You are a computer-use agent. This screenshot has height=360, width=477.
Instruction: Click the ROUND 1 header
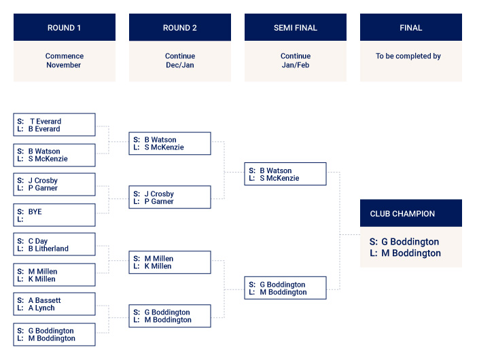click(x=65, y=27)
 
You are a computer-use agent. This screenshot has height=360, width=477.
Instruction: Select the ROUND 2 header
click(x=180, y=27)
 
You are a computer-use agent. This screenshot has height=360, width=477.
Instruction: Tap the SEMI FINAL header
click(x=296, y=27)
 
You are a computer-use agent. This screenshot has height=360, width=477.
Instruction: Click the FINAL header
click(x=411, y=27)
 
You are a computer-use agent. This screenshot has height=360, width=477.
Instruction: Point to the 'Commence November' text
click(x=64, y=60)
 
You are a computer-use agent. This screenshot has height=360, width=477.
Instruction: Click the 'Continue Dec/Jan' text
click(x=180, y=60)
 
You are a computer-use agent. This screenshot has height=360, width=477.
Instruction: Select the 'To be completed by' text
click(x=408, y=56)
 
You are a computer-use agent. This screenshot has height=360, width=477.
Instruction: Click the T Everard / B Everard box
click(x=54, y=125)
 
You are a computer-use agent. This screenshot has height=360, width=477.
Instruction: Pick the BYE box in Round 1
click(x=54, y=215)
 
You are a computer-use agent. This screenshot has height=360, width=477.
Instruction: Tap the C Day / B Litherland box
click(x=54, y=245)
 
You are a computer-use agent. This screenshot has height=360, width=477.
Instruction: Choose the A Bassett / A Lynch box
click(x=54, y=304)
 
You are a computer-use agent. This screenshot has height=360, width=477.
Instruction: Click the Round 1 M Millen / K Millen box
click(x=54, y=275)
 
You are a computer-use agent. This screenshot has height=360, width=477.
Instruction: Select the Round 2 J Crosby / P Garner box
click(x=170, y=197)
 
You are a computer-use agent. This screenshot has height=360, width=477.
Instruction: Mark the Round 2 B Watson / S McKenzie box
click(x=170, y=143)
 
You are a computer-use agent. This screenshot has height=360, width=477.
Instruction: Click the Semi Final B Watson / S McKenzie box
click(x=285, y=174)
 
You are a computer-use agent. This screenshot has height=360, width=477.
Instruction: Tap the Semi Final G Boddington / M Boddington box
click(x=285, y=288)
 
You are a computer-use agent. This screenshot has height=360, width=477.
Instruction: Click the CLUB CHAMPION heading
click(x=402, y=214)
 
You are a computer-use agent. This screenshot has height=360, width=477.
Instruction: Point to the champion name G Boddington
click(x=410, y=242)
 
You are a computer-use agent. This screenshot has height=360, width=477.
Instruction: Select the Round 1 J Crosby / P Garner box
click(x=54, y=185)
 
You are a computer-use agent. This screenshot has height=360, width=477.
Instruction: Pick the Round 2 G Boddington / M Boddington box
click(x=170, y=316)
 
